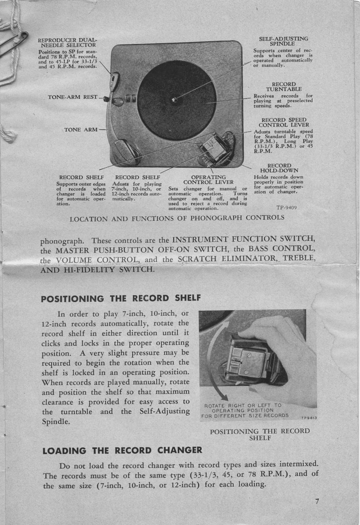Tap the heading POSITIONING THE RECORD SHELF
pyautogui.click(x=121, y=299)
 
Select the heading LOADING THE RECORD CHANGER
pyautogui.click(x=122, y=450)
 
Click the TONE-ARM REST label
pyautogui.click(x=73, y=97)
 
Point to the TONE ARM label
pyautogui.click(x=81, y=130)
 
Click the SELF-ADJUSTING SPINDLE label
pyautogui.click(x=284, y=41)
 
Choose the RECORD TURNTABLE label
pyautogui.click(x=284, y=87)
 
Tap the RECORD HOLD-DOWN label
pyautogui.click(x=279, y=168)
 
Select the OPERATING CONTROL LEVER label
pyautogui.click(x=208, y=180)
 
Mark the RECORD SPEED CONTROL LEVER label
pyautogui.click(x=284, y=123)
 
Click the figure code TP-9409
pyautogui.click(x=287, y=208)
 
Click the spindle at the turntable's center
pyautogui.click(x=174, y=100)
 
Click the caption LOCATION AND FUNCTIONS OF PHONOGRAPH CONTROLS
pyautogui.click(x=177, y=218)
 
